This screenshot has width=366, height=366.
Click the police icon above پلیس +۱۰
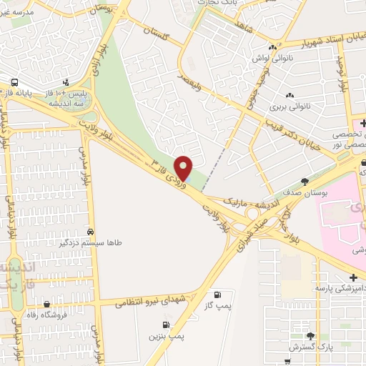tap(66, 81)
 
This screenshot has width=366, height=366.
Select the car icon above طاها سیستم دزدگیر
tap(91, 232)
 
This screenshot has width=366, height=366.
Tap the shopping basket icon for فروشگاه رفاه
tap(46, 305)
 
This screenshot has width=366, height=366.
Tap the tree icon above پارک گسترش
tap(310, 335)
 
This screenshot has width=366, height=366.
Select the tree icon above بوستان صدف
tap(305, 181)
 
